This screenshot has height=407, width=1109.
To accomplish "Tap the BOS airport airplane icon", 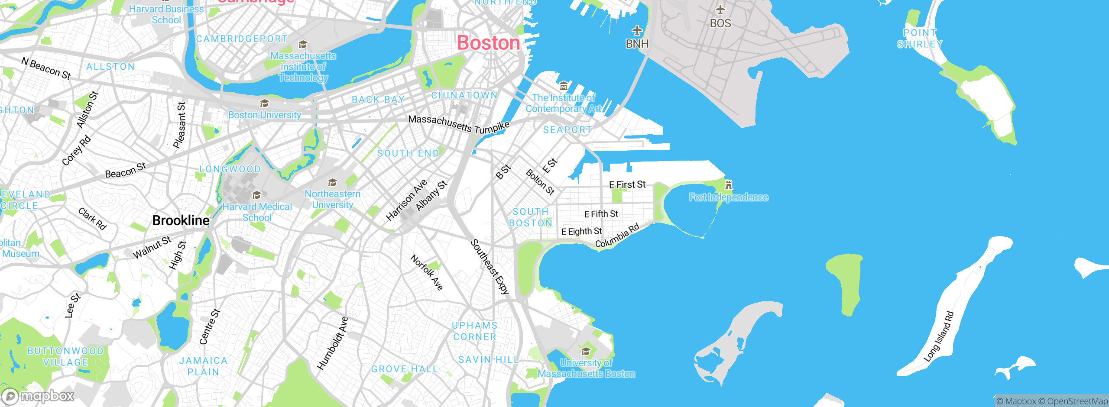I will pyautogui.click(x=720, y=10).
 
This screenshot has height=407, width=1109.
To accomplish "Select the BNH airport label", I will pyautogui.click(x=637, y=44).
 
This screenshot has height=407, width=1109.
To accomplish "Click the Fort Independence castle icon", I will pyautogui.click(x=729, y=185).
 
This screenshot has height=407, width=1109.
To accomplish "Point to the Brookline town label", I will pyautogui.click(x=181, y=220).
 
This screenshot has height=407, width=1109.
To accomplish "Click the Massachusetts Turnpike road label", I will pyautogui.click(x=459, y=124).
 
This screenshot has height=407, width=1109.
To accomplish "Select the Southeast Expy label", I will pyautogui.click(x=490, y=267).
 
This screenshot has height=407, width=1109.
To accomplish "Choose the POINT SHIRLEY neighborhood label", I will pyautogui.click(x=919, y=39).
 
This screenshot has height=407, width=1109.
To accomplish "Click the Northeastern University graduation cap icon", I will pyautogui.click(x=332, y=182).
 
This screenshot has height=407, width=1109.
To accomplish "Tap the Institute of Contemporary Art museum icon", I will pyautogui.click(x=563, y=86).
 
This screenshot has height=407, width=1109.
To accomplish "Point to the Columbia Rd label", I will pyautogui.click(x=617, y=236).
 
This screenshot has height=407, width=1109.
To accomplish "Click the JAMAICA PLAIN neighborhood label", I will pyautogui.click(x=203, y=366).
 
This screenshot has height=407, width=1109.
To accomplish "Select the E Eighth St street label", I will pyautogui.click(x=581, y=232).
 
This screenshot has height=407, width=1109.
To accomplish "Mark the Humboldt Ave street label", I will pyautogui.click(x=332, y=343).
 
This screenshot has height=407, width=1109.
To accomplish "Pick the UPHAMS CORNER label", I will pyautogui.click(x=474, y=331).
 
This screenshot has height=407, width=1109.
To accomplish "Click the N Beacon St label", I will pyautogui.click(x=46, y=69).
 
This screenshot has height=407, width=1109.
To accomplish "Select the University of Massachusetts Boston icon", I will pyautogui.click(x=586, y=351).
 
